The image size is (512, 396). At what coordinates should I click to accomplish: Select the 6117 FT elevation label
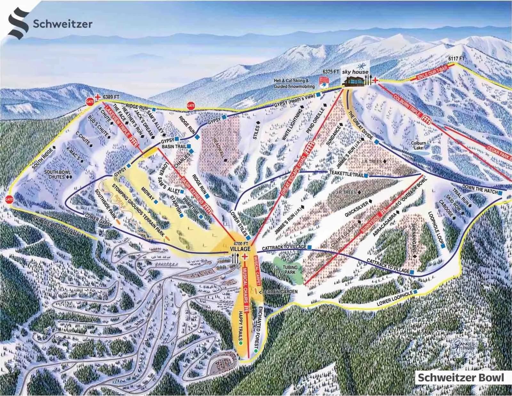pos(456,59)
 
